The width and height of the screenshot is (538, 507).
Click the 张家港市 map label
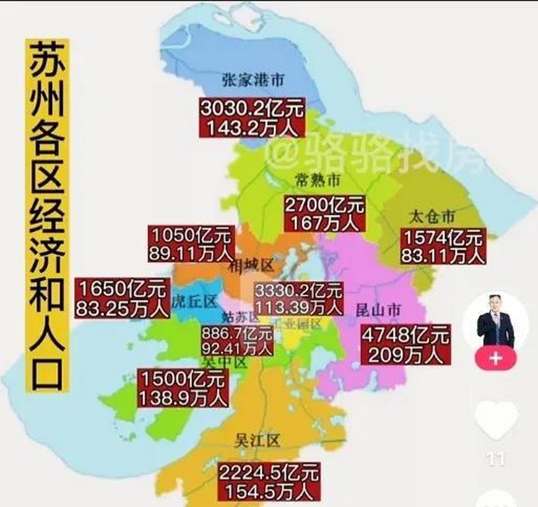pyautogui.click(x=253, y=80)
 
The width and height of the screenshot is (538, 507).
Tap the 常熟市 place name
pyautogui.click(x=318, y=181)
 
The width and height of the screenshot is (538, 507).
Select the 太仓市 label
pyautogui.click(x=432, y=217)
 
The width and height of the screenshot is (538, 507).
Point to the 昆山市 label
pyautogui.click(x=378, y=310)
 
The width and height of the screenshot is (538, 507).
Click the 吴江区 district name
pyautogui.click(x=257, y=440)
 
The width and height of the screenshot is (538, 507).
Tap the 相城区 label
pyautogui.click(x=251, y=265)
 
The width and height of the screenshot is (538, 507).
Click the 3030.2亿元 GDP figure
pyautogui.click(x=252, y=108)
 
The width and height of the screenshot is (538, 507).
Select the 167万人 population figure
pyautogui.click(x=325, y=223)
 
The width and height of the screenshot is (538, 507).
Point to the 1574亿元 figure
pyautogui.click(x=443, y=238)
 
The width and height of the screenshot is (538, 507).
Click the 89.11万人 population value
pyautogui.click(x=191, y=253)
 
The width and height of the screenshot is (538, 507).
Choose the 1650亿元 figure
pyautogui.click(x=123, y=288)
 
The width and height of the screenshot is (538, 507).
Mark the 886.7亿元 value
pyautogui.click(x=237, y=334)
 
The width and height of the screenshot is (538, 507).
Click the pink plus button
pyautogui.click(x=495, y=358)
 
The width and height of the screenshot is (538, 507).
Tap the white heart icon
pyautogui.click(x=496, y=420)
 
